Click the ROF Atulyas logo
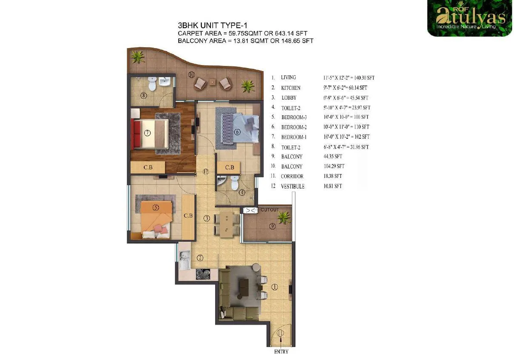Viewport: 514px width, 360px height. pyautogui.click(x=469, y=18)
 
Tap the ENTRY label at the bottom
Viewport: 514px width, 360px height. pyautogui.click(x=281, y=351)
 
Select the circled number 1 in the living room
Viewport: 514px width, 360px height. pyautogui.click(x=274, y=287)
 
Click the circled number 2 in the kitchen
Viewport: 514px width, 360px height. pyautogui.click(x=200, y=257)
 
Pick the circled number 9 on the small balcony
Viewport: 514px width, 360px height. pyautogui.click(x=273, y=226)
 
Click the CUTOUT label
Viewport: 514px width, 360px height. pyautogui.click(x=270, y=210)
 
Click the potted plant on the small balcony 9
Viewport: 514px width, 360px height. pyautogui.click(x=282, y=218)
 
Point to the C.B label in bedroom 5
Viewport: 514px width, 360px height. pyautogui.click(x=188, y=216)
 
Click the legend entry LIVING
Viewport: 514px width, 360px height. pyautogui.click(x=288, y=77)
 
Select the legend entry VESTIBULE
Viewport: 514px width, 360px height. pyautogui.click(x=292, y=186)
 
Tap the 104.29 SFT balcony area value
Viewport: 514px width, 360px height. pyautogui.click(x=334, y=166)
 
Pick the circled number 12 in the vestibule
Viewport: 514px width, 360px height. pyautogui.click(x=206, y=172)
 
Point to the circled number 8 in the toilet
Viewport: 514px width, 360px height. pyautogui.click(x=144, y=95)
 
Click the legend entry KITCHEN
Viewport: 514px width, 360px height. pyautogui.click(x=291, y=88)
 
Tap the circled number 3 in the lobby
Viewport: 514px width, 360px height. pyautogui.click(x=206, y=219)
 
